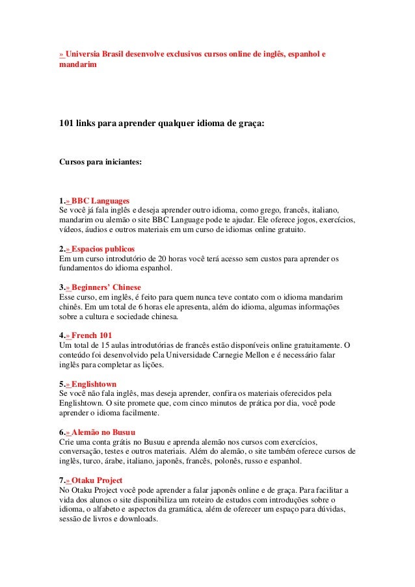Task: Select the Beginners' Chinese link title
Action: pyautogui.click(x=106, y=287)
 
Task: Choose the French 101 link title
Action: pyautogui.click(x=92, y=335)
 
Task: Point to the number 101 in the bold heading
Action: pyautogui.click(x=66, y=122)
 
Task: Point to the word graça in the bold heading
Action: pyautogui.click(x=250, y=122)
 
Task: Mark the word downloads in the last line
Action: pyautogui.click(x=139, y=519)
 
